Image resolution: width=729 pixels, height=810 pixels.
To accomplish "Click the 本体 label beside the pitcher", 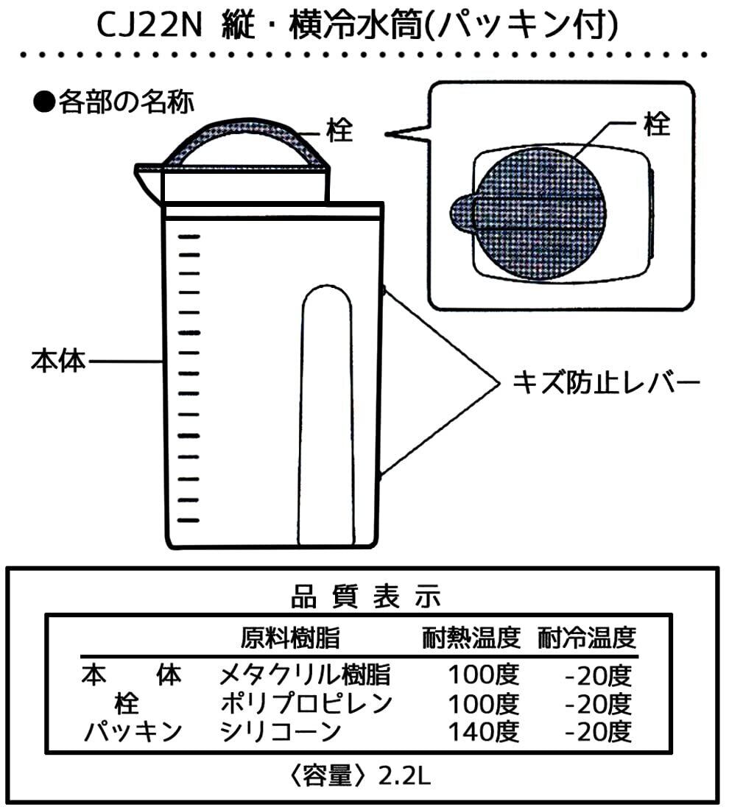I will pyautogui.click(x=58, y=362).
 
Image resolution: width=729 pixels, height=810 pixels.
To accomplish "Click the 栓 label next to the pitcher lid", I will pyautogui.click(x=339, y=133).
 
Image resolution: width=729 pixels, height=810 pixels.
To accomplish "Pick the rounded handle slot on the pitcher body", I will pyautogui.click(x=328, y=412).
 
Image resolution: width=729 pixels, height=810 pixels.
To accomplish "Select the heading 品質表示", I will pyautogui.click(x=365, y=596).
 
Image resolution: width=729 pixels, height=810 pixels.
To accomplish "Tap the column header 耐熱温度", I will pyautogui.click(x=471, y=637).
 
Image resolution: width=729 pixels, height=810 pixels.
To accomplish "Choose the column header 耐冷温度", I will pyautogui.click(x=587, y=637).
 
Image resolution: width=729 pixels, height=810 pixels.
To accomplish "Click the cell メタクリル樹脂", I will pyautogui.click(x=305, y=675).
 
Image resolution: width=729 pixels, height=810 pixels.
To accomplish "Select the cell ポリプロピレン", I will pyautogui.click(x=306, y=703).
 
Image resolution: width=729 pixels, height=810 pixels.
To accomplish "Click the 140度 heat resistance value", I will pyautogui.click(x=486, y=732).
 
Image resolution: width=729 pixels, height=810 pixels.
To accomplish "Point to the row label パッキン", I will pyautogui.click(x=132, y=732).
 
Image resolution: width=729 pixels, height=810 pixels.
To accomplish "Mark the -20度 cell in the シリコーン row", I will pyautogui.click(x=598, y=732).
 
